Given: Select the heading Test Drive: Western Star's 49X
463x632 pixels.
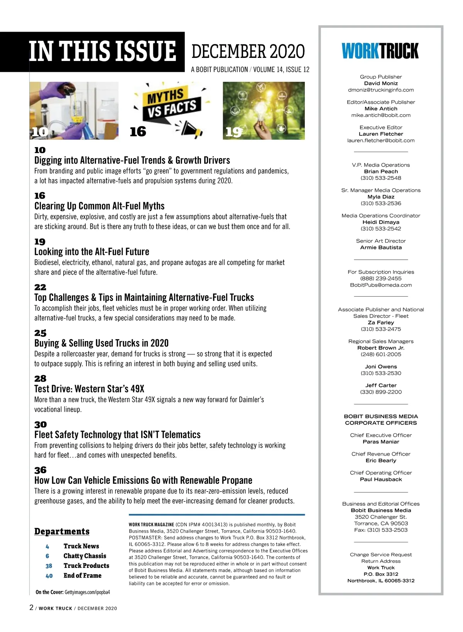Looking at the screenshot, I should tap(89, 389).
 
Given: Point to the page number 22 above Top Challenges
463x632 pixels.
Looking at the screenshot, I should tap(40, 287).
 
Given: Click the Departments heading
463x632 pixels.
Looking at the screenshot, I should tap(62, 532).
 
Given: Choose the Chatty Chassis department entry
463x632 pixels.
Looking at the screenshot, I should tap(84, 556).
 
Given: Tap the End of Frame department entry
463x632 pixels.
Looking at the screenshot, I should tap(82, 576).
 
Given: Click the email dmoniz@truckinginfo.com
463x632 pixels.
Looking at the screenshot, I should tap(381, 90).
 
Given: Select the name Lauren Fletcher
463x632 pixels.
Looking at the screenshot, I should tap(381, 134).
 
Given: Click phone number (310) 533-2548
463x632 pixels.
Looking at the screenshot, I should tap(381, 178).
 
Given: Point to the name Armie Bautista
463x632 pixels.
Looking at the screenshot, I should tap(381, 247).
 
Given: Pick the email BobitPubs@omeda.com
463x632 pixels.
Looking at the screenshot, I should tap(381, 285).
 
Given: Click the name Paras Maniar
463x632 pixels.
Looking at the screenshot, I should tap(381, 442).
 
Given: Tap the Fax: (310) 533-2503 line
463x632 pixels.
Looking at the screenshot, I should tap(381, 530).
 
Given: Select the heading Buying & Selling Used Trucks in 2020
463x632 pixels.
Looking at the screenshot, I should tap(101, 343).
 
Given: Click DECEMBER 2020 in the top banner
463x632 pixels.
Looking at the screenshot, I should tap(248, 52).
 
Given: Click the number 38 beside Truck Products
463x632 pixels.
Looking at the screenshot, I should tap(49, 566).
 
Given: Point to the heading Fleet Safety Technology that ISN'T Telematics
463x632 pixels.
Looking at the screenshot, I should tap(117, 435).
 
